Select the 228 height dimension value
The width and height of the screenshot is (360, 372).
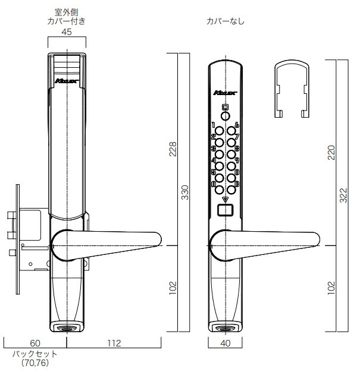click(x=172, y=149)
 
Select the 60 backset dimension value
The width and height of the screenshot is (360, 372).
click(x=35, y=343)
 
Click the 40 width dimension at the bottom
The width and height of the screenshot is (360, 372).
click(x=226, y=343)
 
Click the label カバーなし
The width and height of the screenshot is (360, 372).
click(x=226, y=21)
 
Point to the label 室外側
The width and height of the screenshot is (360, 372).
click(x=67, y=11)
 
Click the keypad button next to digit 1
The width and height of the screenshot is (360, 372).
click(x=220, y=131)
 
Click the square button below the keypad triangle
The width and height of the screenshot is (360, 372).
click(x=225, y=210)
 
